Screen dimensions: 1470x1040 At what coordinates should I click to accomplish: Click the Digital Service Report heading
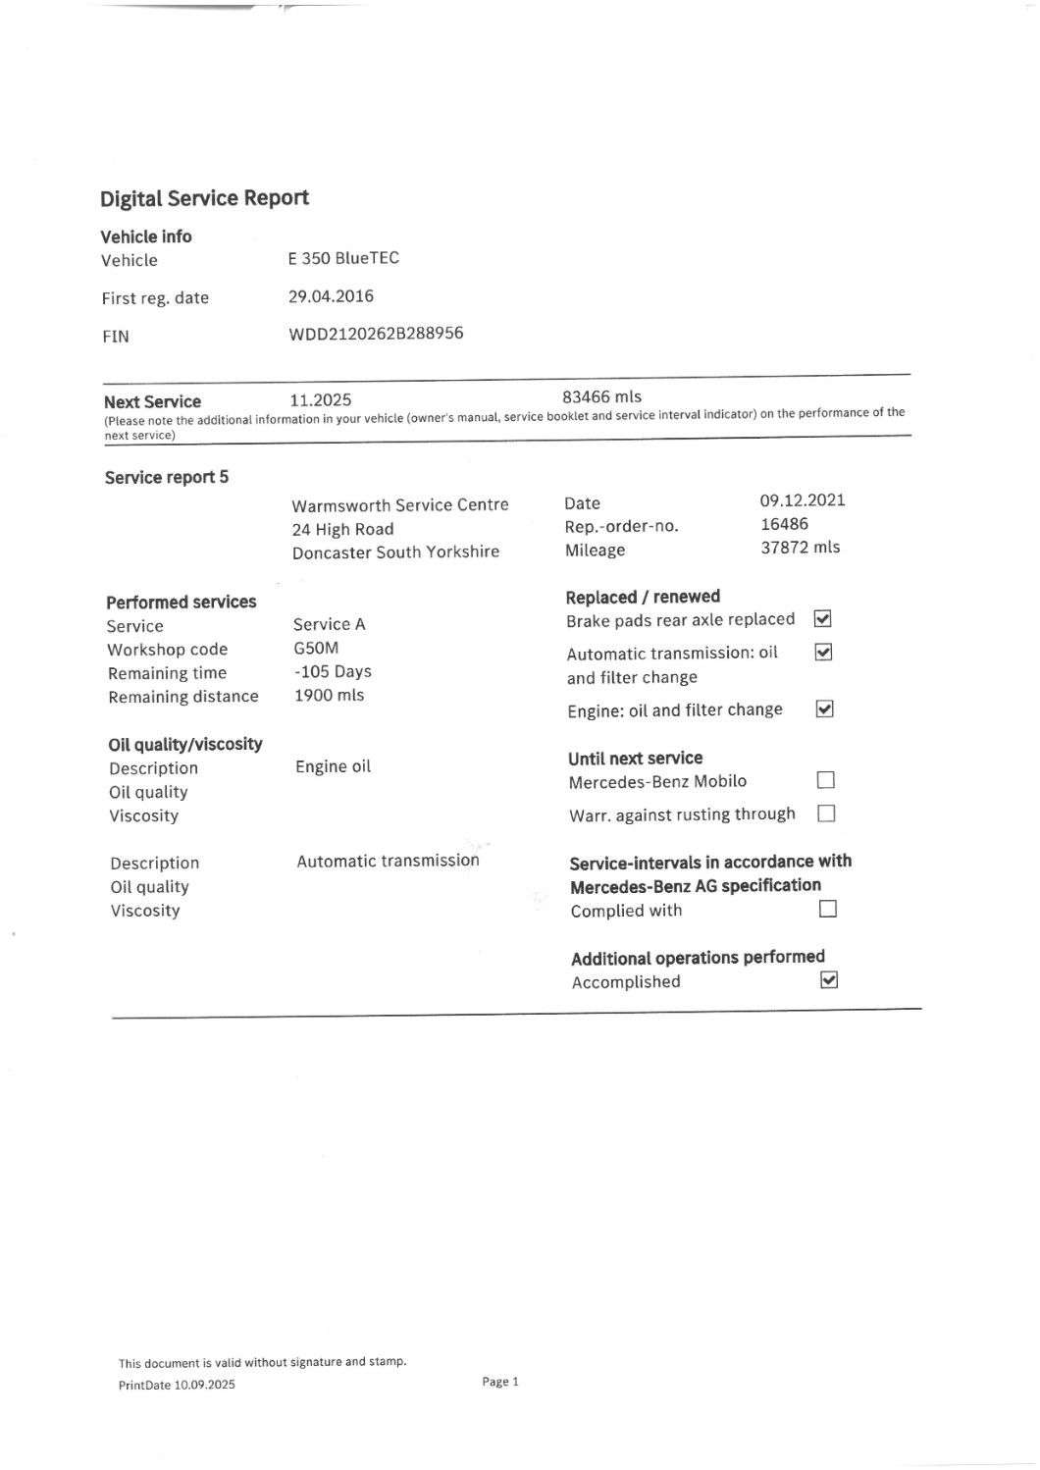coord(204,198)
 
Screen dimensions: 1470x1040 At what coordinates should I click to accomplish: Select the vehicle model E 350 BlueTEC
coord(343,258)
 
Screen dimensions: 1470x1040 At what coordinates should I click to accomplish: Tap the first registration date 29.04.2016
coord(331,296)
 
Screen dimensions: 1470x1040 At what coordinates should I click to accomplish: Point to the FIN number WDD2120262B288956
coord(376,334)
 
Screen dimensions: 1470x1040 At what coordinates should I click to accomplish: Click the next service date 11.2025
coord(321,400)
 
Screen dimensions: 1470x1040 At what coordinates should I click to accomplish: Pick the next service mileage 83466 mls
coord(601,396)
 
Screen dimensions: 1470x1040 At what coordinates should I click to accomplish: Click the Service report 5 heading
coord(167,478)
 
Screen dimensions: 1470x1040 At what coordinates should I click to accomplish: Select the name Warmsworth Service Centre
coord(400,505)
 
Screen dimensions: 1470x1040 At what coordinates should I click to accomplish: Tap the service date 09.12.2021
coord(802,500)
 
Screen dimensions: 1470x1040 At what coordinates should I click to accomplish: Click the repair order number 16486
coord(784,524)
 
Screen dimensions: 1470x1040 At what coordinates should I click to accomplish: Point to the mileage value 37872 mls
coord(800,548)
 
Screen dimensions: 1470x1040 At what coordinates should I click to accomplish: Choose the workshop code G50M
coord(316,648)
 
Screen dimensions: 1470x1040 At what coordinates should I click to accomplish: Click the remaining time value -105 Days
coord(333,672)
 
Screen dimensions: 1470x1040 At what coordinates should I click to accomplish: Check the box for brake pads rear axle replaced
coord(823,619)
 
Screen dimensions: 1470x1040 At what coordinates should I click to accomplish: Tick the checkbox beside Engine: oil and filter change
coord(825,709)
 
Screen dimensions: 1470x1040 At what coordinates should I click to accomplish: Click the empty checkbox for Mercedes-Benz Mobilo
coord(826,781)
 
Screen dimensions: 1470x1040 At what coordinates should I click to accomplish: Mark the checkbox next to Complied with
coord(828,909)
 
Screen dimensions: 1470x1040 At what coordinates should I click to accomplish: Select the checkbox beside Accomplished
coord(829,980)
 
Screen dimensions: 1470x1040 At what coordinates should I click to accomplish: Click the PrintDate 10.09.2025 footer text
coord(177,1385)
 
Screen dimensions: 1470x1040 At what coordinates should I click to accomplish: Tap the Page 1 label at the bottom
coord(500,1382)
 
